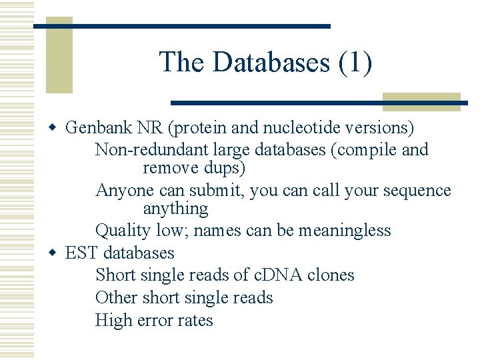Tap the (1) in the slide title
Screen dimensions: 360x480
click(x=355, y=63)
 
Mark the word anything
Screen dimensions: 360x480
click(x=175, y=209)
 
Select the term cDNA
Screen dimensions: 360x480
click(x=272, y=275)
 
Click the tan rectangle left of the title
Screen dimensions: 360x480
click(x=59, y=57)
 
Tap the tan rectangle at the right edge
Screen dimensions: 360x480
click(x=421, y=101)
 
